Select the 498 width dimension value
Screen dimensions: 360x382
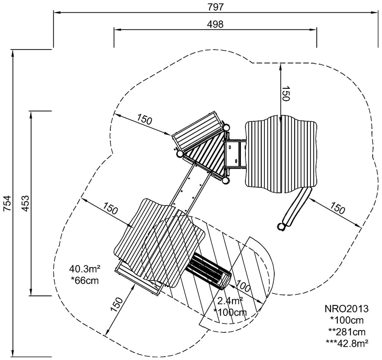tap(215, 24)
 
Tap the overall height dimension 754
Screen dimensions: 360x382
tap(7, 203)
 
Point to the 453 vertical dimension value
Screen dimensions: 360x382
tap(25, 203)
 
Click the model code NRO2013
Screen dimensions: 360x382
tap(347, 309)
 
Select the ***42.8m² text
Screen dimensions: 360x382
tap(347, 343)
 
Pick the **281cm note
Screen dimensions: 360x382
tap(347, 332)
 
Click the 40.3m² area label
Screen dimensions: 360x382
tap(85, 269)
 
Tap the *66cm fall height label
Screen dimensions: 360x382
tap(85, 280)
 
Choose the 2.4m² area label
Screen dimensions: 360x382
tap(231, 301)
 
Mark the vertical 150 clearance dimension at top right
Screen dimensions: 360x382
tap(285, 94)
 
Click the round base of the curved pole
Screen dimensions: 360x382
tap(281, 226)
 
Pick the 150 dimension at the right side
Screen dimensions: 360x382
tap(338, 209)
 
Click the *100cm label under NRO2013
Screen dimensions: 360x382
tap(347, 320)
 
